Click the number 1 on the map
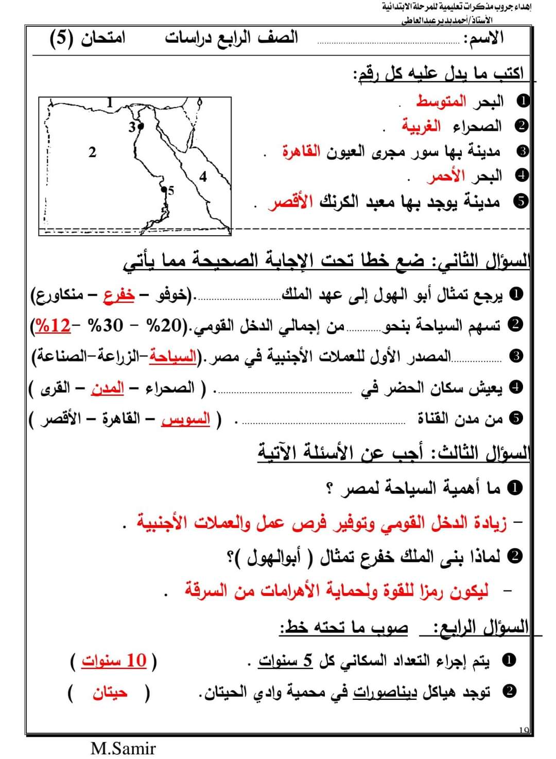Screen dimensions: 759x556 tap(109, 101)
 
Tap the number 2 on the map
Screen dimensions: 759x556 tap(92, 152)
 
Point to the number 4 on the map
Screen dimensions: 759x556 tap(203, 176)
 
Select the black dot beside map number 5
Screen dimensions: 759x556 tap(164, 189)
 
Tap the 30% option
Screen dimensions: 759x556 tap(106, 325)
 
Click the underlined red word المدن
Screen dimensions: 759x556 tap(107, 387)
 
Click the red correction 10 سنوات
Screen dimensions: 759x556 tap(114, 660)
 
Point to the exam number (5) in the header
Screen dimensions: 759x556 tap(62, 39)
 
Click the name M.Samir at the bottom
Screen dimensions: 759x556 tap(123, 748)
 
